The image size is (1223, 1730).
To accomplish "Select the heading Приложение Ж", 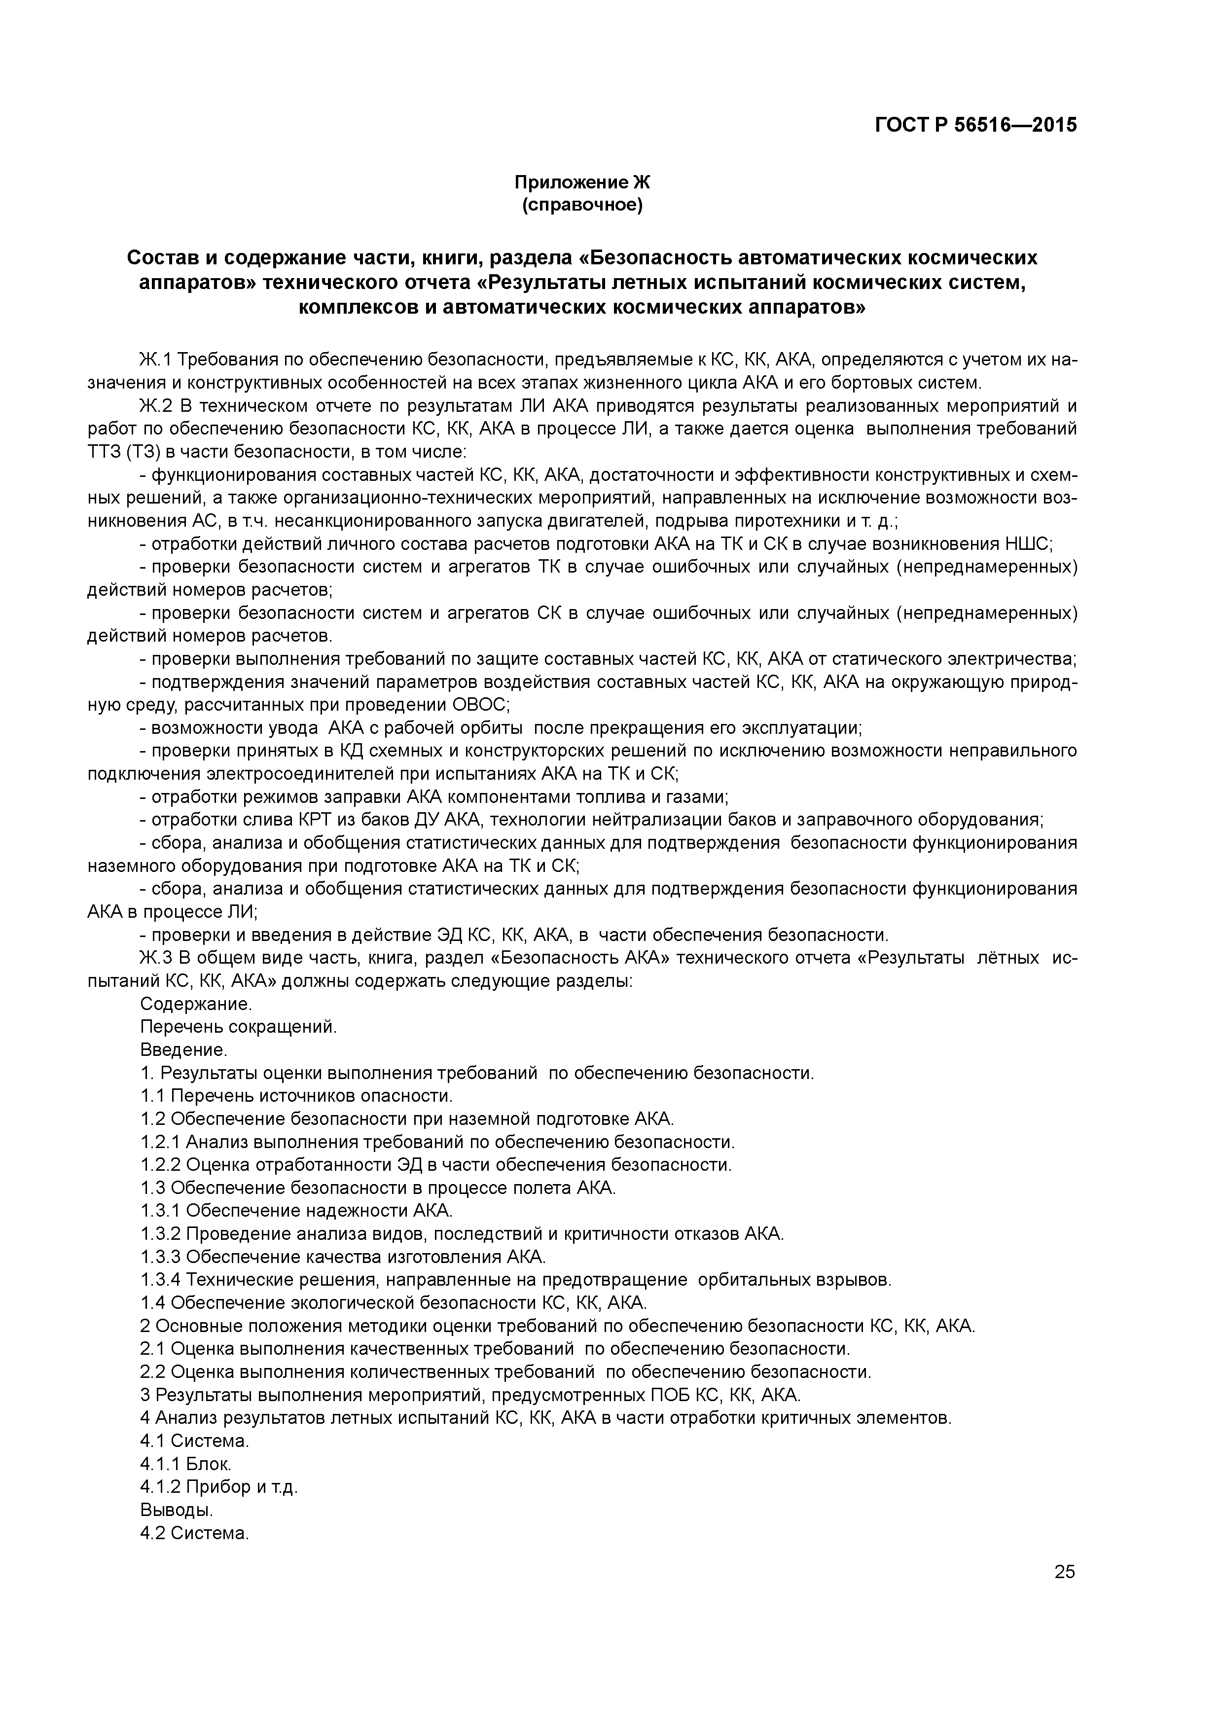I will click(582, 182).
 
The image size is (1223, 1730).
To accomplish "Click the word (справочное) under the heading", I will click(582, 205).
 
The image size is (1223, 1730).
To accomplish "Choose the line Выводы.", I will click(177, 1510).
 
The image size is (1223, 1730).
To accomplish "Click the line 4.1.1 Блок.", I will click(185, 1464).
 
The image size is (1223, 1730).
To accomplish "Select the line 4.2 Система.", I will click(194, 1533).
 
